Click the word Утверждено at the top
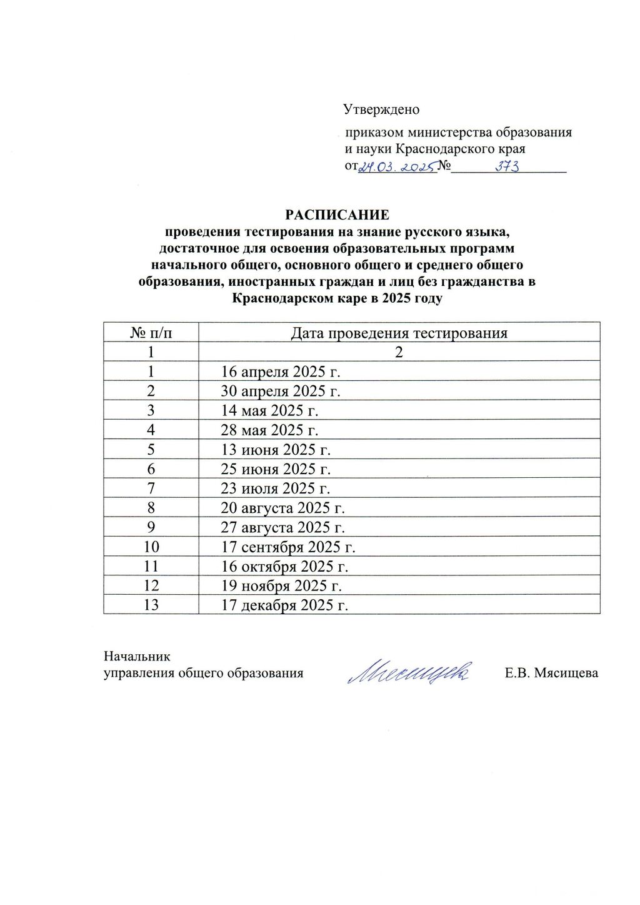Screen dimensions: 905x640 pos(381,109)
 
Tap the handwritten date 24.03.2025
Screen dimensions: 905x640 pos(396,167)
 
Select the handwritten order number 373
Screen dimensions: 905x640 pos(507,167)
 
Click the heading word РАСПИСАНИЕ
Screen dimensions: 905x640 pos(337,215)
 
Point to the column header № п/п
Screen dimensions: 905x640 pos(151,333)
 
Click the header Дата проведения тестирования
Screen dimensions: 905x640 pos(399,333)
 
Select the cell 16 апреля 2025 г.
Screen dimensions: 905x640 pos(281,372)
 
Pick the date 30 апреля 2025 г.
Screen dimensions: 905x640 pos(281,392)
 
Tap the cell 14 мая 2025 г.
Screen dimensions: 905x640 pos(270,411)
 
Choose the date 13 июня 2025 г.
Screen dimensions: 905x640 pos(276,450)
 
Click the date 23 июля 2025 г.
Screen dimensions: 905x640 pos(276,488)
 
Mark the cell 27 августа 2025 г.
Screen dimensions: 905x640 pos(283,527)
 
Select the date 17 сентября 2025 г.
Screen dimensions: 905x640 pos(288,547)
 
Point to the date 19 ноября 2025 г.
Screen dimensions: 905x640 pos(282,586)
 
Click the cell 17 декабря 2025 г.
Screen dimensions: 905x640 pos(285,605)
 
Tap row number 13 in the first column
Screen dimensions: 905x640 pos(151,605)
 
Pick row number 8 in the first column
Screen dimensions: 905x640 pos(151,508)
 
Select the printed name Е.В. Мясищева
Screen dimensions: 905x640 pos(551,674)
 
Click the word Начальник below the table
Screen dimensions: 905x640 pos(137,657)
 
